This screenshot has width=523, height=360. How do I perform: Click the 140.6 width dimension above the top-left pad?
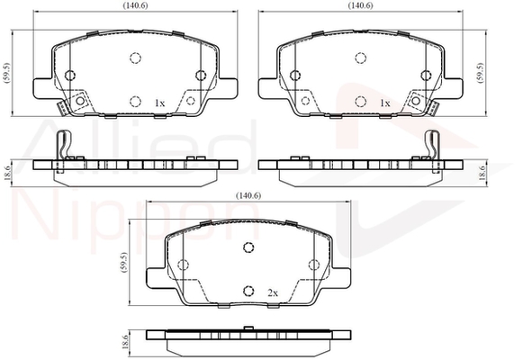pos(135,5)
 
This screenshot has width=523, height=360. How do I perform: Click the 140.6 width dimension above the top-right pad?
pos(361,5)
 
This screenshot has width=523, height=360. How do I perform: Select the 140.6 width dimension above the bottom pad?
pos(248,195)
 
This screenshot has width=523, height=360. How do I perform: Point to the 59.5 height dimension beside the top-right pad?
pos(480,73)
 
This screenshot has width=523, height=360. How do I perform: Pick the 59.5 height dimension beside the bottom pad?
pos(124,262)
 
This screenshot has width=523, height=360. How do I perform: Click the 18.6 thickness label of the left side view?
pos(8,174)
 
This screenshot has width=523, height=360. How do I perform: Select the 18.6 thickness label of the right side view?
pos(482,174)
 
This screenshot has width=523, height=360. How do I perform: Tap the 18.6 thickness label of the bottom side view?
pos(125,342)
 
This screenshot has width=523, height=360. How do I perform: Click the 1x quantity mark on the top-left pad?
pos(159,103)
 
